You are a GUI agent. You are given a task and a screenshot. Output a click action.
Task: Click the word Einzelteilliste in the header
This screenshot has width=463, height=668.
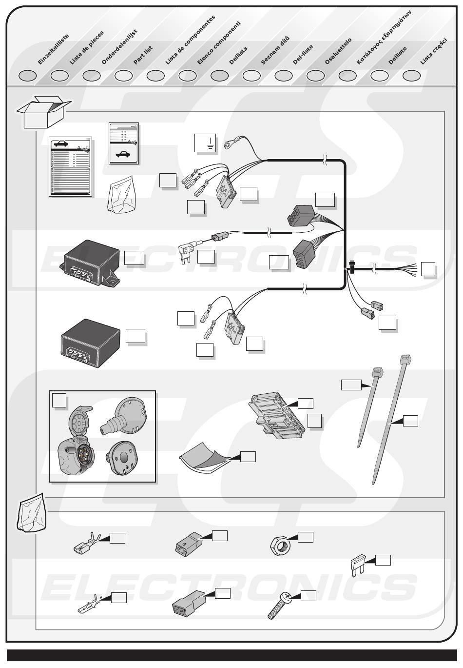pyautogui.click(x=53, y=49)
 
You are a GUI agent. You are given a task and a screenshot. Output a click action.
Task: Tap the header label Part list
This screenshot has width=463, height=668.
pyautogui.click(x=143, y=55)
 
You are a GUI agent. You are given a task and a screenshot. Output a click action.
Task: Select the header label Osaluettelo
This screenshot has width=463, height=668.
pyautogui.click(x=338, y=51)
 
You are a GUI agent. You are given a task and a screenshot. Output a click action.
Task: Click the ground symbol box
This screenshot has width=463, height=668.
pyautogui.click(x=205, y=142)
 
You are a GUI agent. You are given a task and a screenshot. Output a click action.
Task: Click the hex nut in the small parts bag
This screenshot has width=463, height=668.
pyautogui.click(x=280, y=545)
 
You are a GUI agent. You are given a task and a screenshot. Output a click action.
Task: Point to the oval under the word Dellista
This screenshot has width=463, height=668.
pyautogui.click(x=219, y=76)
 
